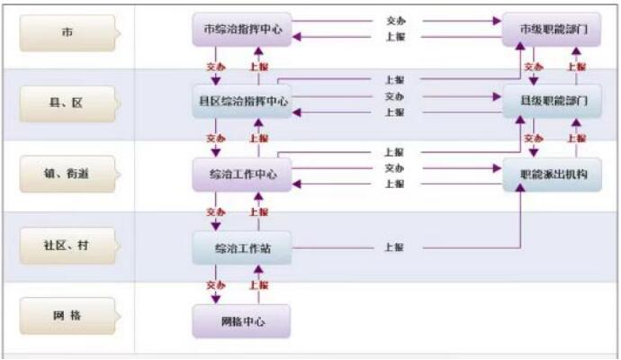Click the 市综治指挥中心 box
(241, 30)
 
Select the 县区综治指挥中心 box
(241, 102)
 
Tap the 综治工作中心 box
(241, 174)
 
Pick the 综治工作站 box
(241, 247)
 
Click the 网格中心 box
(241, 320)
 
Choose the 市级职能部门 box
(553, 30)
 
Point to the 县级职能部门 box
(553, 102)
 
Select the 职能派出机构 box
(553, 174)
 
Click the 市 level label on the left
(67, 32)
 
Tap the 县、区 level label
(67, 103)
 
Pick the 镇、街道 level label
(67, 175)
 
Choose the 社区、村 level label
(67, 246)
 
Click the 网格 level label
(67, 316)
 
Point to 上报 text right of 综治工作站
(394, 247)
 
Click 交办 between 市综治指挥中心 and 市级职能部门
(394, 20)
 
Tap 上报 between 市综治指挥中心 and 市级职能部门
(394, 36)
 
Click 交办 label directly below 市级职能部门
(533, 67)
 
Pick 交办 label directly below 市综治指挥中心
(215, 67)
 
